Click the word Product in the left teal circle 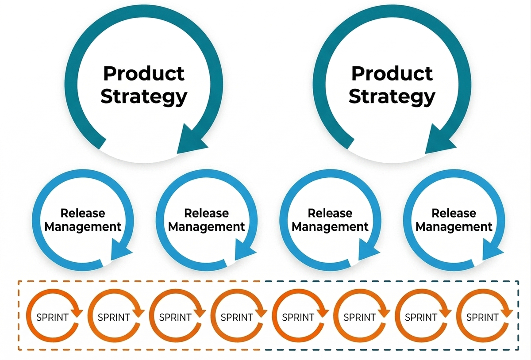pos(143,73)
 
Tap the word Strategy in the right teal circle pos(392,96)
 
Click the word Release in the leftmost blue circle pos(83,213)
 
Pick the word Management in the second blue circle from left pos(207,227)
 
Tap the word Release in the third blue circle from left pos(330,213)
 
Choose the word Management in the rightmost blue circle pos(454,227)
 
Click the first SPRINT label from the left pos(52,317)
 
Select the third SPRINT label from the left pos(175,317)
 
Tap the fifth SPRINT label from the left pos(298,317)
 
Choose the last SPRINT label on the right pos(482,317)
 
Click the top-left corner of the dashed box pos(18,281)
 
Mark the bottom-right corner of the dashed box pos(519,350)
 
